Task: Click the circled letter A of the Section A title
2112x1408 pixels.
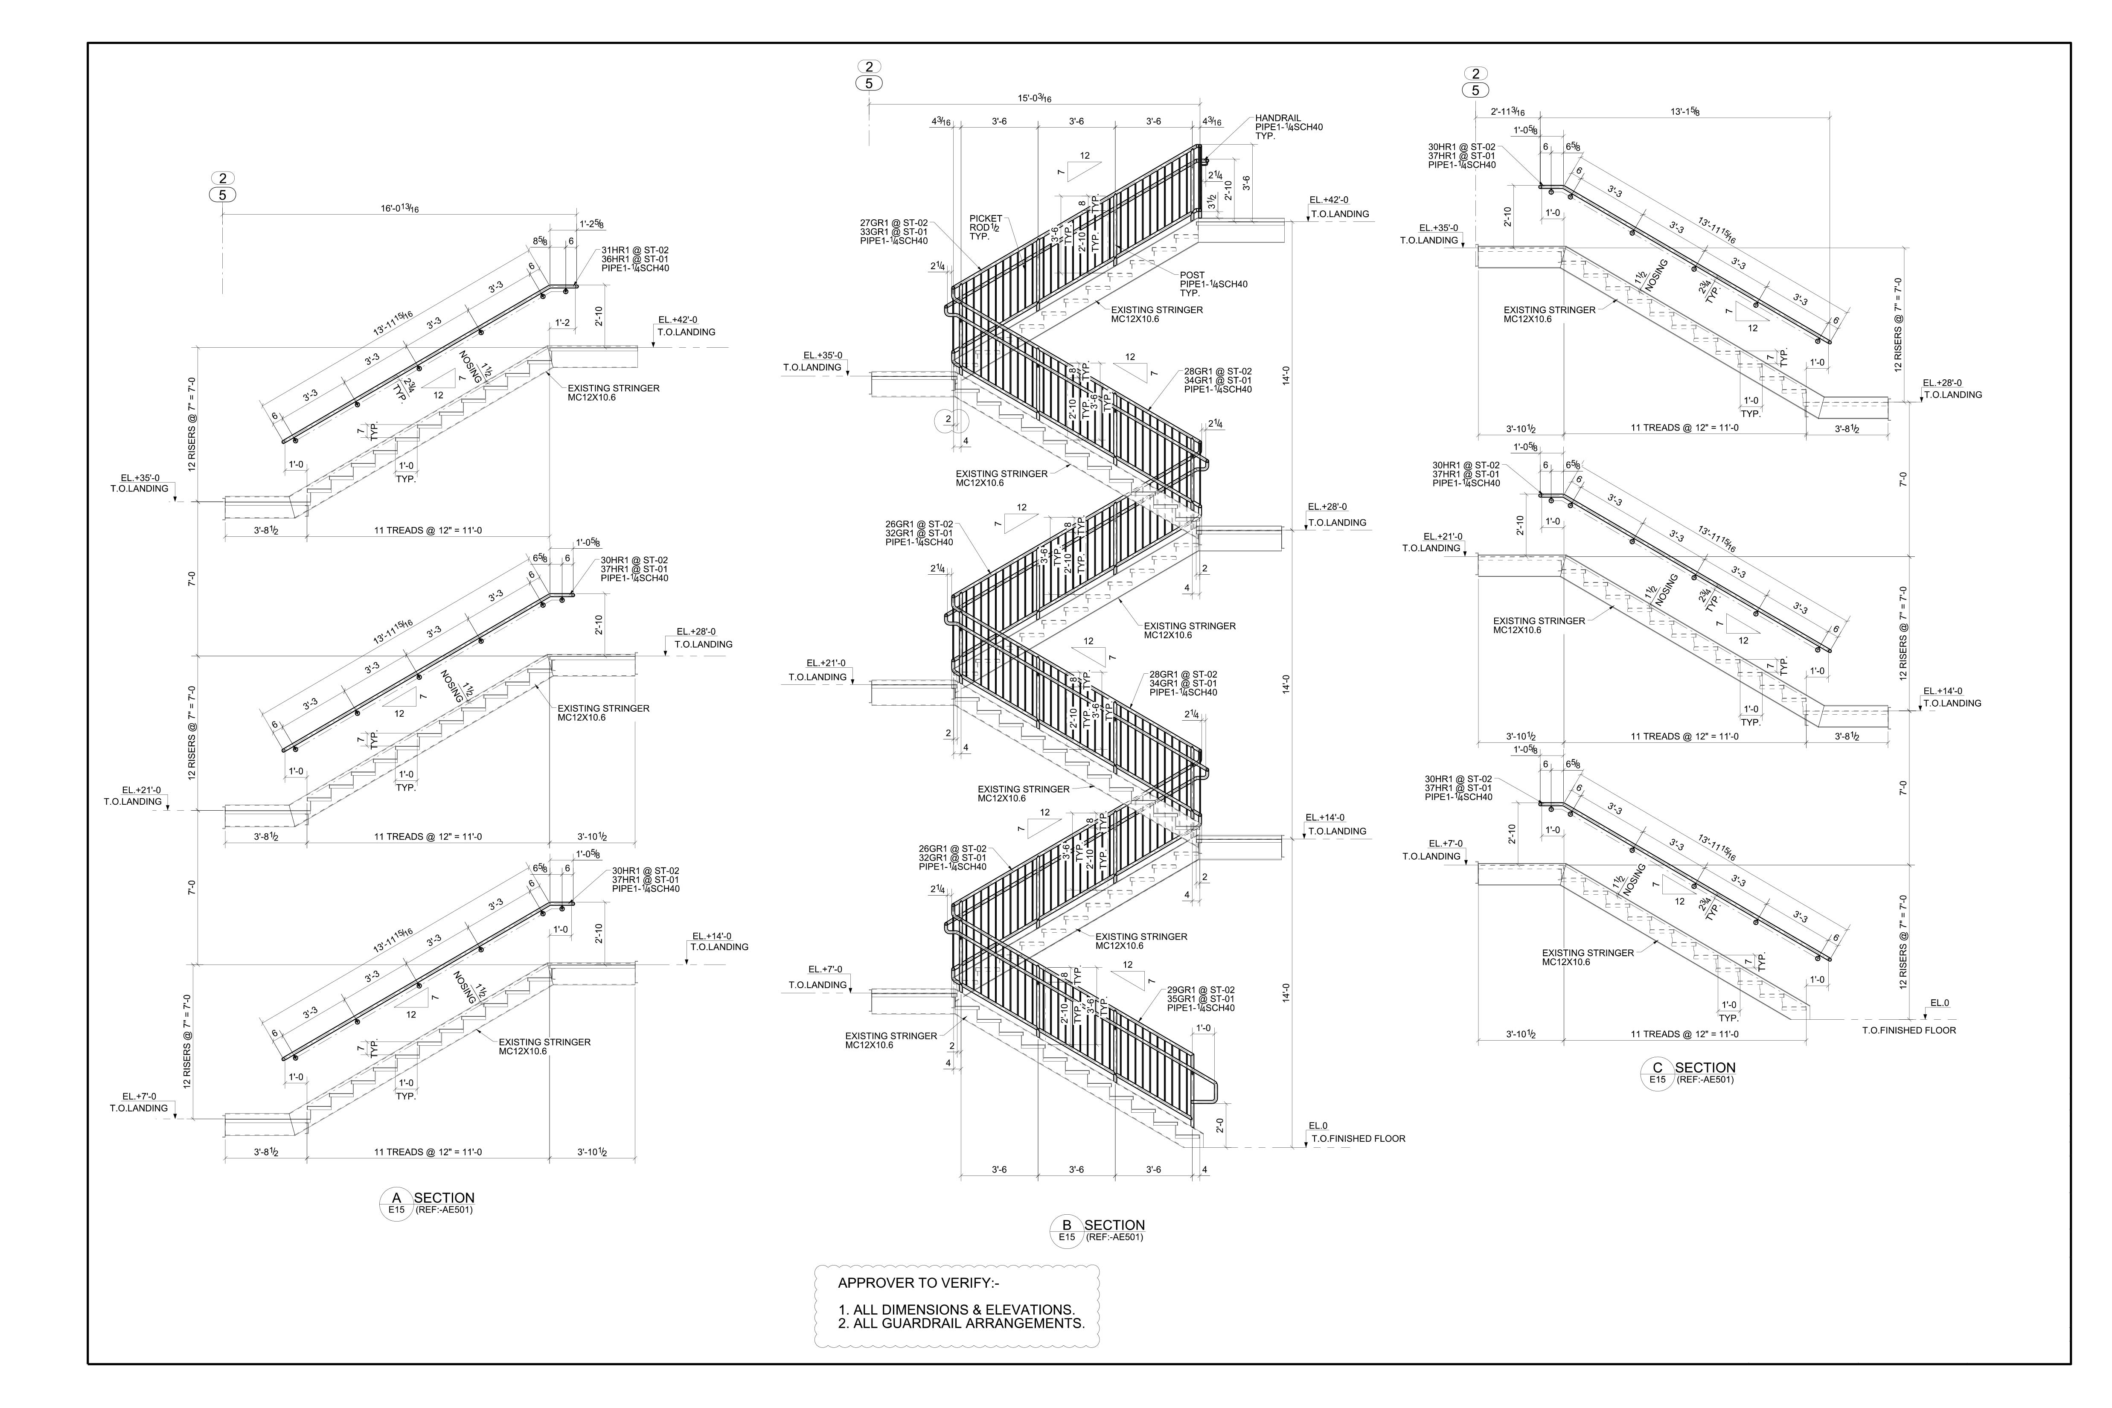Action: click(x=396, y=1197)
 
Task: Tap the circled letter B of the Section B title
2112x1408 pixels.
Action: click(x=1067, y=1224)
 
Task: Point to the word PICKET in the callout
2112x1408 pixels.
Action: click(x=986, y=218)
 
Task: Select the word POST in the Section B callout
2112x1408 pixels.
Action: click(x=1193, y=275)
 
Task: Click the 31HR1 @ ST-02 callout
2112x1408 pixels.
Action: click(x=635, y=250)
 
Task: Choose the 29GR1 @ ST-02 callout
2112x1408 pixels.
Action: click(x=1201, y=989)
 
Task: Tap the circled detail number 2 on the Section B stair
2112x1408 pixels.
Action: click(x=947, y=419)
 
